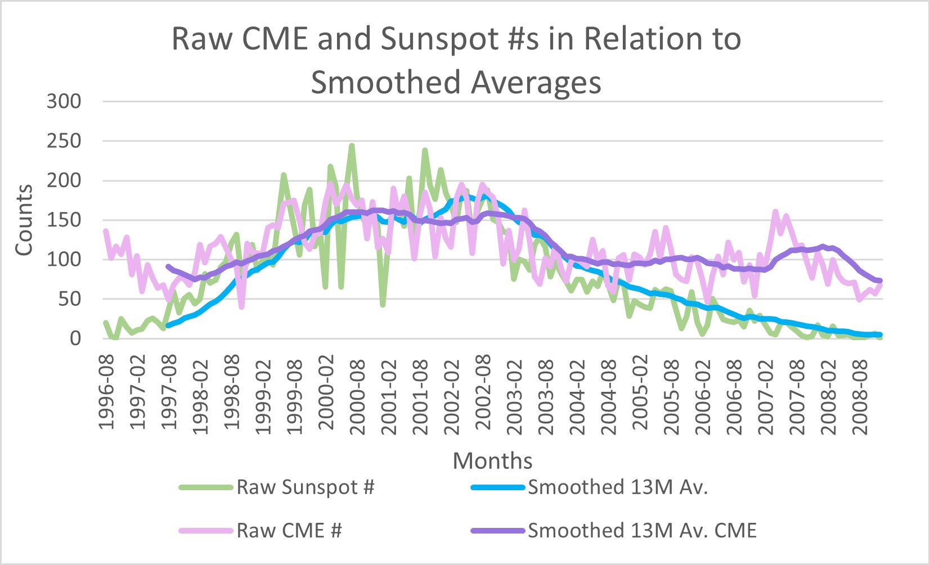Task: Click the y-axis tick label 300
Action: [64, 102]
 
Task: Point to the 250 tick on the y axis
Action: [64, 141]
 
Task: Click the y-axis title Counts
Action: [24, 220]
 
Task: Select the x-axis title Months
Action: [492, 461]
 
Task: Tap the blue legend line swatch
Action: [498, 487]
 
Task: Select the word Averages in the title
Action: [536, 83]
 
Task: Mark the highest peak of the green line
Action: [352, 146]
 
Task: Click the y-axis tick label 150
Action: [64, 220]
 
